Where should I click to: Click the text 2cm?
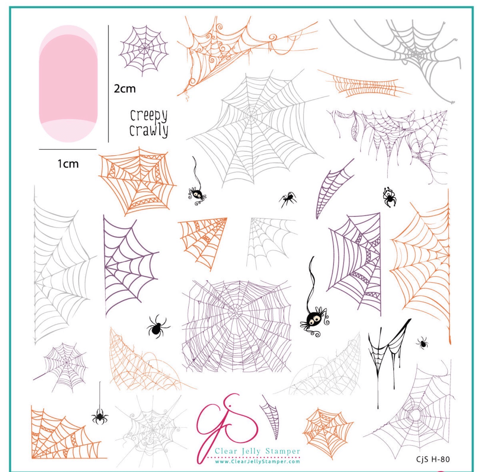(124, 89)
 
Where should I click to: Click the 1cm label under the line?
(68, 164)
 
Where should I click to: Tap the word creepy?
(149, 116)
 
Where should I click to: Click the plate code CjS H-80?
(433, 459)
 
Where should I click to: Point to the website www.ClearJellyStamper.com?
(257, 462)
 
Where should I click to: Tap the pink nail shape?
(68, 84)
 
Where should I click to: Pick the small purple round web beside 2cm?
(144, 50)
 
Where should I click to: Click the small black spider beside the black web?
(422, 343)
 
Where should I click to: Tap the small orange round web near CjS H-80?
(328, 428)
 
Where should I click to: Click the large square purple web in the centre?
(236, 326)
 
